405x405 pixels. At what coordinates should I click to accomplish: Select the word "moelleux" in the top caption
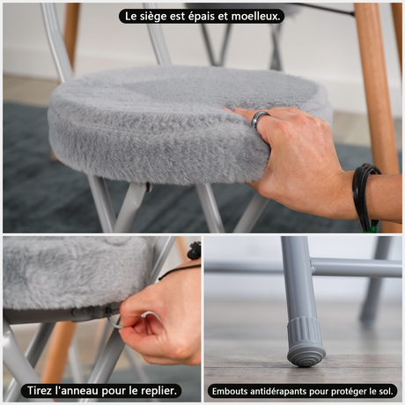[254, 16]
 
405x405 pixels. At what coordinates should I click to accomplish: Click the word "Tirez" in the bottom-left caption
[40, 391]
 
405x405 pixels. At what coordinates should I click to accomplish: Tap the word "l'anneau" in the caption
[77, 391]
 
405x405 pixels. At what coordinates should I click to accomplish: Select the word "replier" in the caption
[159, 391]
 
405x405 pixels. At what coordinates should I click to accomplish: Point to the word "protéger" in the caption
[349, 392]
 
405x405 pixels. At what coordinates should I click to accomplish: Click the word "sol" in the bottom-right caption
[386, 391]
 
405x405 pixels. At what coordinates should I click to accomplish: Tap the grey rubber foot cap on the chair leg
[306, 342]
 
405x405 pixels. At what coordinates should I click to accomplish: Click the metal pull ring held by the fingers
[117, 322]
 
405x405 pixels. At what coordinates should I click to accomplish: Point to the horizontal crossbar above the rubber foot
[357, 268]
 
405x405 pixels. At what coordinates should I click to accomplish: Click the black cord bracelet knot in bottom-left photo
[195, 250]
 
